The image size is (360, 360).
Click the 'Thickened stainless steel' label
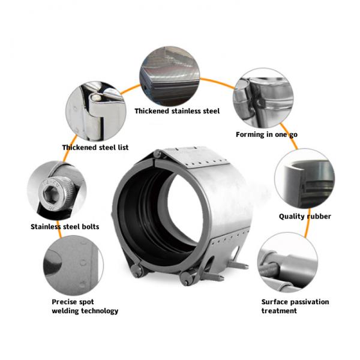[177, 111]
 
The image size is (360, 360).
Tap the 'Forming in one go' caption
[266, 134]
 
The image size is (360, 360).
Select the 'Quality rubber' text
[305, 217]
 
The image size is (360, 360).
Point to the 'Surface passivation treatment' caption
[295, 306]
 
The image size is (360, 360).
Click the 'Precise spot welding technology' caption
[85, 306]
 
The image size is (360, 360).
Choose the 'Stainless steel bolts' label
[65, 227]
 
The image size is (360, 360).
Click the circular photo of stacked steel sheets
[170, 74]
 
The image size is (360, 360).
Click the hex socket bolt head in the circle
[50, 193]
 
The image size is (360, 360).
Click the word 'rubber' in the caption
[318, 217]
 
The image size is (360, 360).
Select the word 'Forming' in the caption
[251, 134]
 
